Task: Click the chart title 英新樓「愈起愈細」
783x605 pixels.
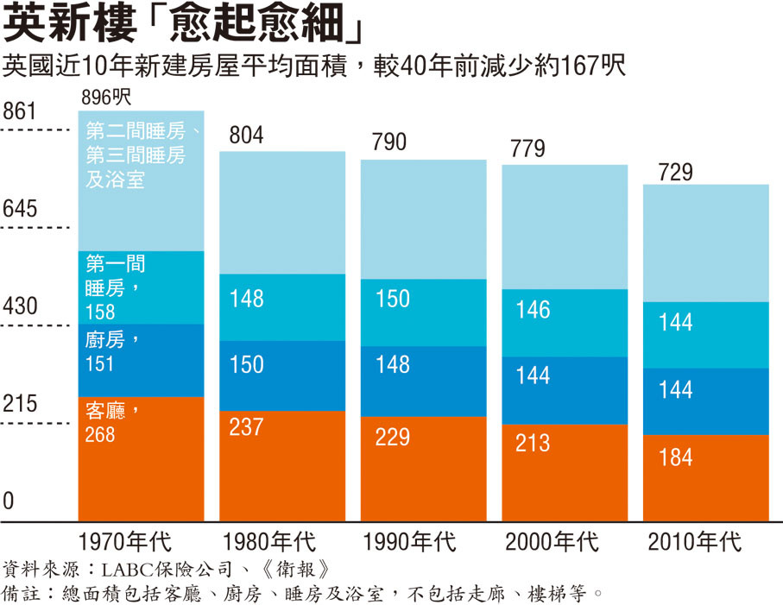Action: coord(182,25)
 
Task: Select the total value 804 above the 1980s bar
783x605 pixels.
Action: coord(246,135)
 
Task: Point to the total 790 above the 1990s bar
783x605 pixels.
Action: coord(388,142)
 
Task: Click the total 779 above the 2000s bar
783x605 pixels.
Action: coord(527,148)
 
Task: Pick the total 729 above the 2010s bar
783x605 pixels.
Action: coord(675,172)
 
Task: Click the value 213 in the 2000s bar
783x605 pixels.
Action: coord(533,443)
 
